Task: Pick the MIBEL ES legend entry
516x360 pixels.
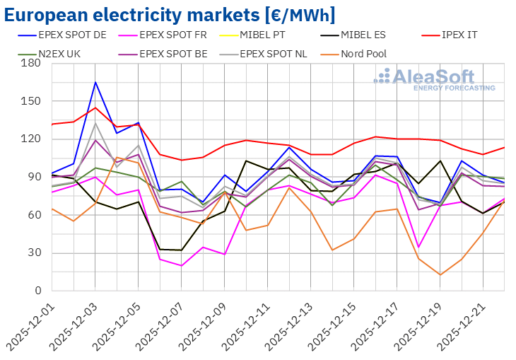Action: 368,33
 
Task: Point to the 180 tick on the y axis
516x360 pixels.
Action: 30,64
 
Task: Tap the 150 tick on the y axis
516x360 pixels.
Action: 30,101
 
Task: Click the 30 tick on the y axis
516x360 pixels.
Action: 33,253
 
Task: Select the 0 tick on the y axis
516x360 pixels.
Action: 36,291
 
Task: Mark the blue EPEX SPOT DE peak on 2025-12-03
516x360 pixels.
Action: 95,82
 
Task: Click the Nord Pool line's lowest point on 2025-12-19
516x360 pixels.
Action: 440,275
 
